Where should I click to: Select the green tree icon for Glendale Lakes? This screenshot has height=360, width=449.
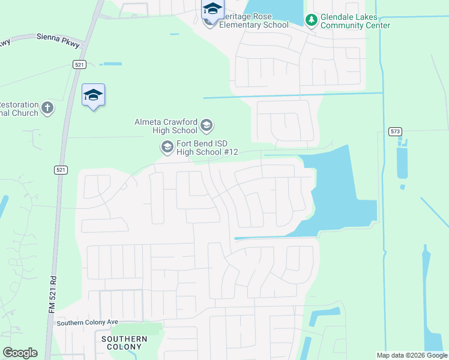311,21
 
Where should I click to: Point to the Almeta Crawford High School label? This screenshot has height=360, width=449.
166,125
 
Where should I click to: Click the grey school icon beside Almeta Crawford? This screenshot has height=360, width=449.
206,125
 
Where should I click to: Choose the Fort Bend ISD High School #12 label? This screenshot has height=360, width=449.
207,148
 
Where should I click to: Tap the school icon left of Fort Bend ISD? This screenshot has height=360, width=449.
166,146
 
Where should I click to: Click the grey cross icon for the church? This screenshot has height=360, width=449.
47,109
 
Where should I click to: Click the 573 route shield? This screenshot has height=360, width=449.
394,131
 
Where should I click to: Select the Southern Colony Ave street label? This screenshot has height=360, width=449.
87,323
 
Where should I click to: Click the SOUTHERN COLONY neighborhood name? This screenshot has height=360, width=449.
124,343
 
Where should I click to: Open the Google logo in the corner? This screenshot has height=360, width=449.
20,352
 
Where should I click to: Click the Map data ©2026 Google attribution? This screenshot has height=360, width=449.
412,355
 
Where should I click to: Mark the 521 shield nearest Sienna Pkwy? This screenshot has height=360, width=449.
79,64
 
